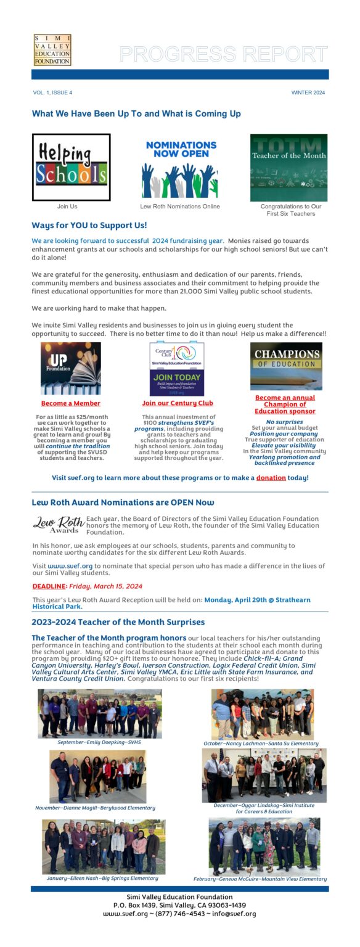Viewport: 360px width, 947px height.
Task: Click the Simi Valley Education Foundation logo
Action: [x=52, y=50]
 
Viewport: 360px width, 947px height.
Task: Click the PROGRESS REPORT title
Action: [x=223, y=54]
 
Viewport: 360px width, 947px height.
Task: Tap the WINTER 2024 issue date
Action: [x=308, y=92]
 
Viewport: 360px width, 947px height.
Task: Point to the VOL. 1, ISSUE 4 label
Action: [x=52, y=92]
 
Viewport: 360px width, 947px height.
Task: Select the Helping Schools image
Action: [x=71, y=167]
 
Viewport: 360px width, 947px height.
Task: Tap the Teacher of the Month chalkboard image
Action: [x=288, y=167]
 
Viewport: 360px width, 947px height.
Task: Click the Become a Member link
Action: [x=70, y=403]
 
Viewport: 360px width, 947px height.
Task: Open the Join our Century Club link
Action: [x=178, y=403]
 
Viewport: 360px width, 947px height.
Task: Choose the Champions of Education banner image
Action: [x=286, y=366]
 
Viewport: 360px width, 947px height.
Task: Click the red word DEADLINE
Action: [x=49, y=586]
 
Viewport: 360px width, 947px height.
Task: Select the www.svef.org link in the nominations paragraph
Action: [x=70, y=565]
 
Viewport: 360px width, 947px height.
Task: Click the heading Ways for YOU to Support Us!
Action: [x=89, y=226]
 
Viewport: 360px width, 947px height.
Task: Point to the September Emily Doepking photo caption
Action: [x=99, y=742]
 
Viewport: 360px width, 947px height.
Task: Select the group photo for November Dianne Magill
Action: [x=98, y=776]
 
